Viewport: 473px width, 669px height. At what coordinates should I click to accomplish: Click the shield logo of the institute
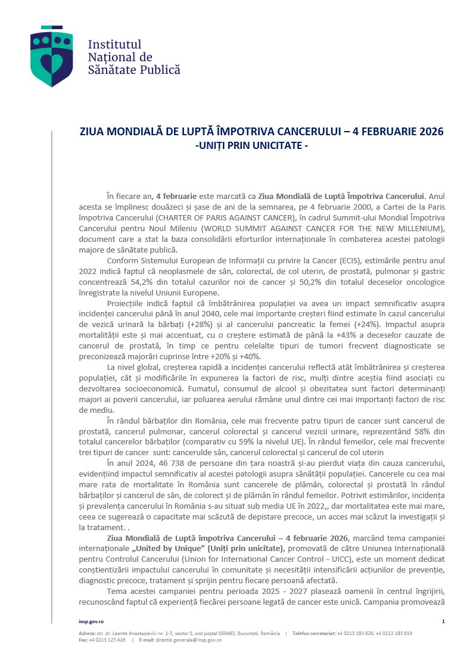coord(52,57)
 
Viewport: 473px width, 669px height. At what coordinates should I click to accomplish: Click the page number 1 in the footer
coord(443,621)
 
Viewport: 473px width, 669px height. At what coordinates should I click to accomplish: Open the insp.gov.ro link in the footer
coord(91,621)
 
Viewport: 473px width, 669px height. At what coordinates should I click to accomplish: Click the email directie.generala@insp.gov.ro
coord(189,640)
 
